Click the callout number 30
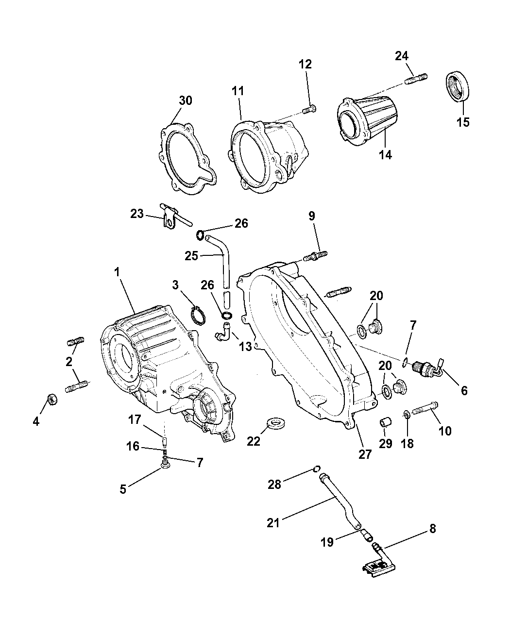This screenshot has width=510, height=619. tap(185, 100)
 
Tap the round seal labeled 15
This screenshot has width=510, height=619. tap(458, 87)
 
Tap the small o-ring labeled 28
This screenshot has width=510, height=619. tap(316, 468)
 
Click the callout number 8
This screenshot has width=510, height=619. tap(432, 529)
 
